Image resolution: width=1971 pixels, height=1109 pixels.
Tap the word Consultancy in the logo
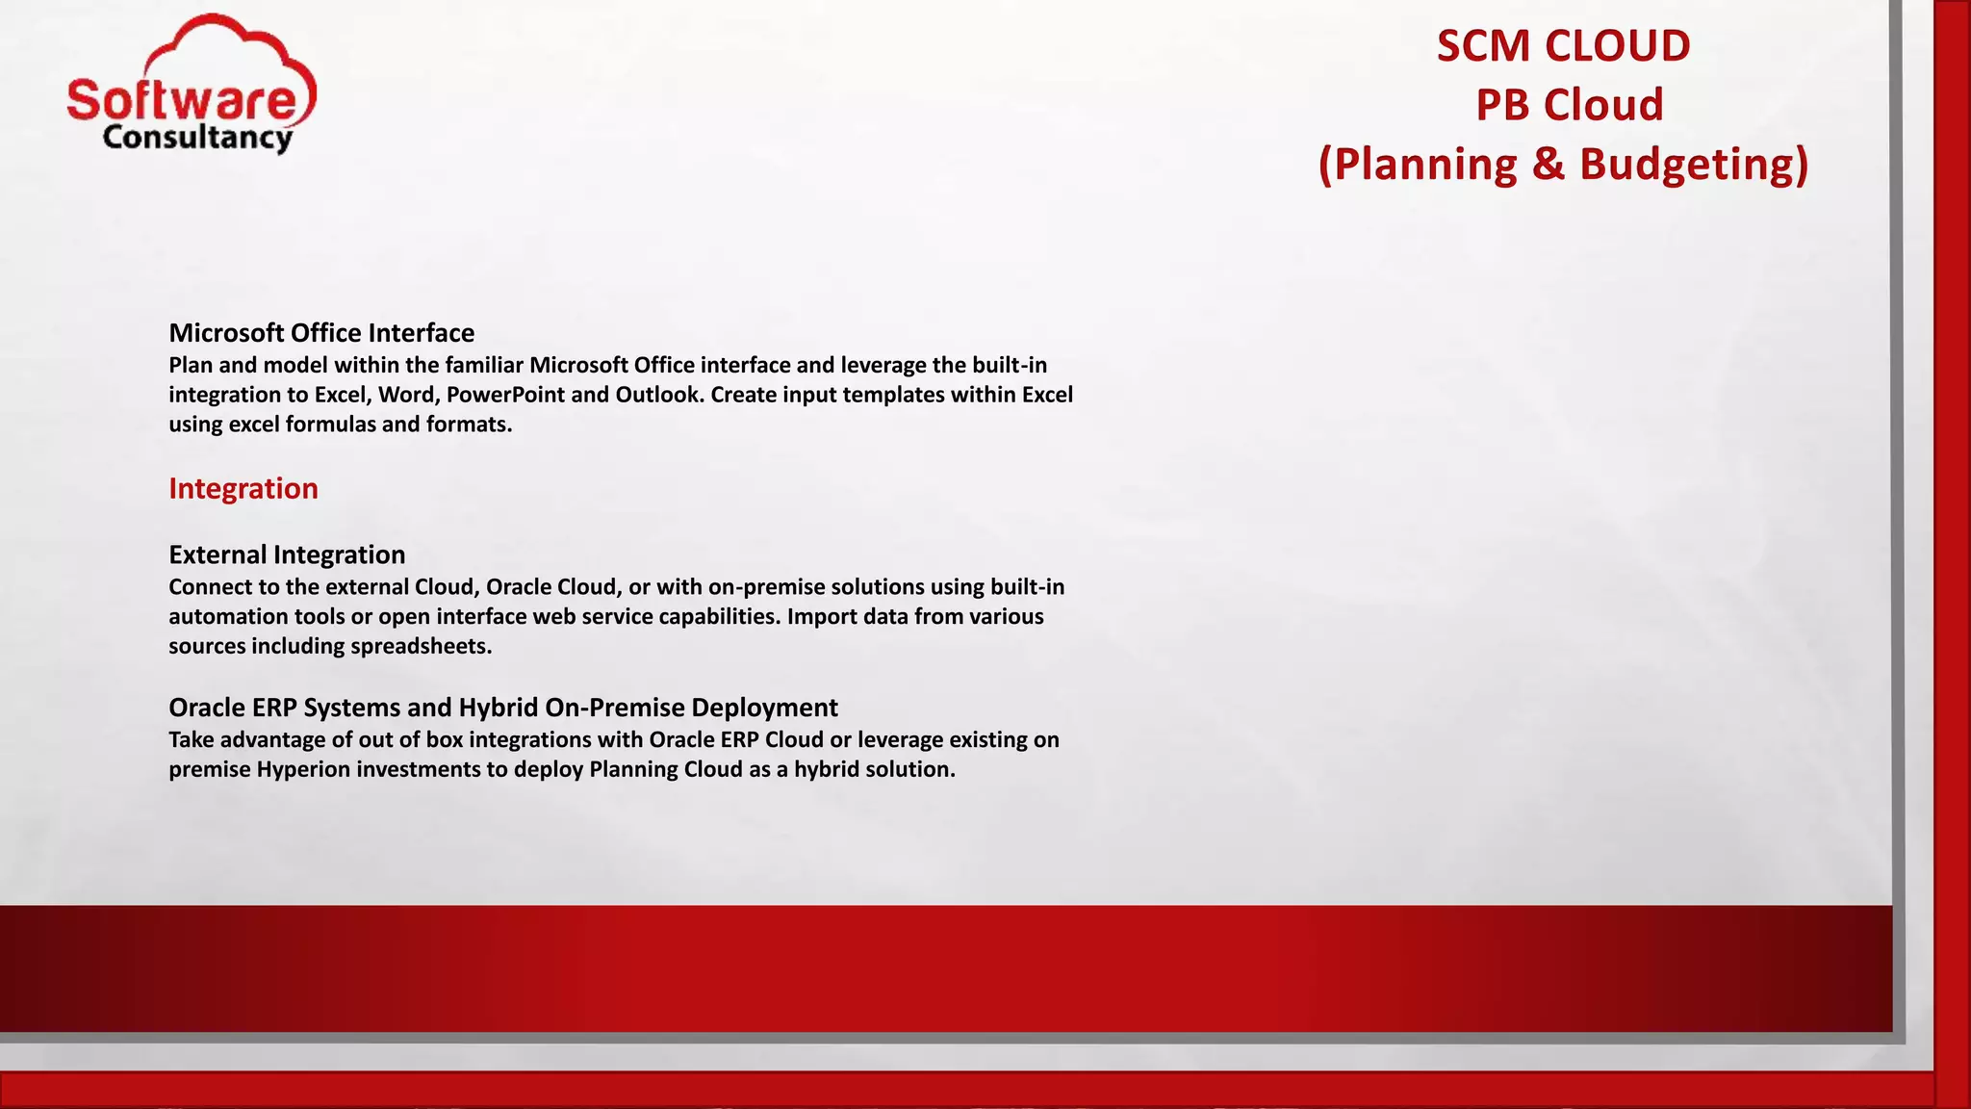(x=197, y=138)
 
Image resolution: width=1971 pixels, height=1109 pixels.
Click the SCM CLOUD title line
(x=1563, y=46)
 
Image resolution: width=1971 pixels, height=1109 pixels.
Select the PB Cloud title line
(x=1569, y=105)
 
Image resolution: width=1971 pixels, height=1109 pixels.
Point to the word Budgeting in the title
(x=1694, y=165)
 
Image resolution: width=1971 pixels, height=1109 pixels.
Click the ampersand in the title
(x=1548, y=165)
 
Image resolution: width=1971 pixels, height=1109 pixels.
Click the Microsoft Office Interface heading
(x=321, y=333)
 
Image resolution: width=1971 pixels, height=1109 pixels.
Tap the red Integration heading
(x=243, y=489)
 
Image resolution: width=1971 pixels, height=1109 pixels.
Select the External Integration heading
(x=287, y=554)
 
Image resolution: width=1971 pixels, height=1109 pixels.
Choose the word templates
(x=896, y=395)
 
